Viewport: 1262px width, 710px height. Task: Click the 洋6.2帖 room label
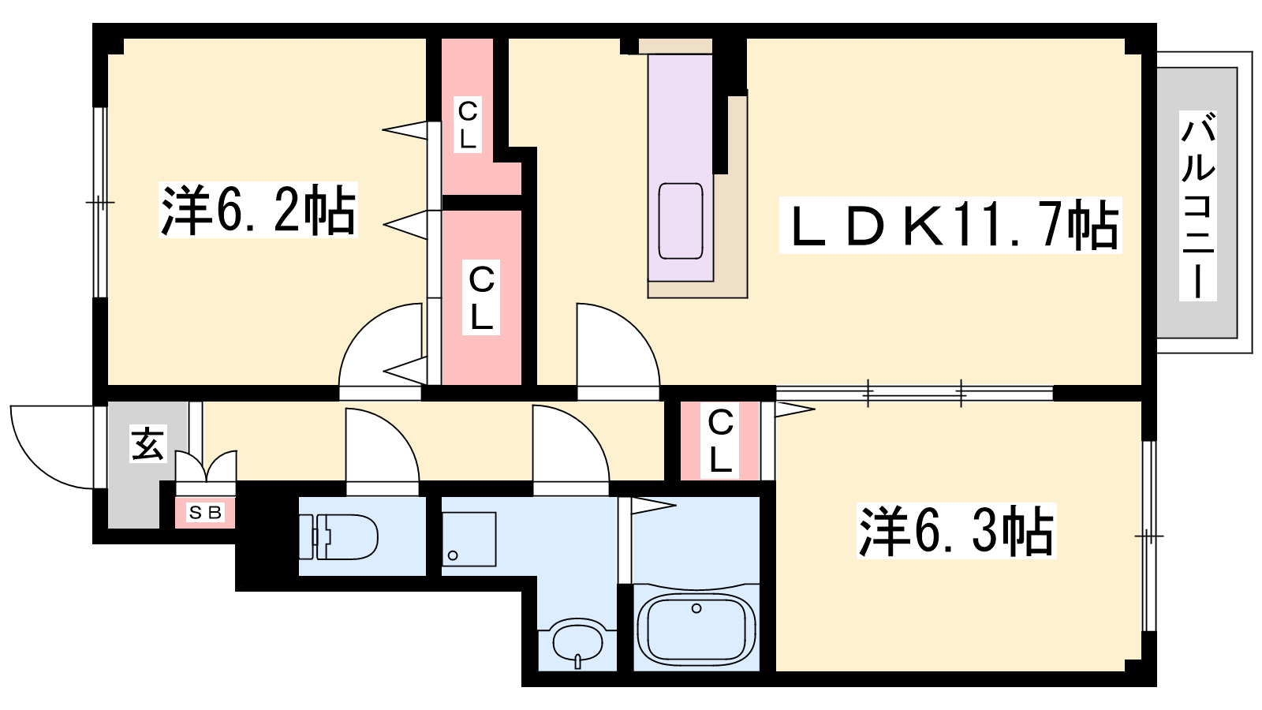click(258, 210)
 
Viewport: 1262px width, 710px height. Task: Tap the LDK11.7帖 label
click(950, 226)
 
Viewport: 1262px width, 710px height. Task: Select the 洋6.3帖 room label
click(956, 531)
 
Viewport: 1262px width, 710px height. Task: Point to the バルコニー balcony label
click(1198, 206)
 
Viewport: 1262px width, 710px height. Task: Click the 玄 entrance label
click(148, 444)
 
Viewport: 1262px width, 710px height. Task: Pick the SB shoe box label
click(205, 513)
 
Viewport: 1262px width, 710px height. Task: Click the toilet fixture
click(338, 537)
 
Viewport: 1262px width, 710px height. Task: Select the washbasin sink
click(577, 642)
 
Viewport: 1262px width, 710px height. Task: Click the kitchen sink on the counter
click(681, 221)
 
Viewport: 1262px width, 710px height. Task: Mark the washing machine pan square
click(469, 540)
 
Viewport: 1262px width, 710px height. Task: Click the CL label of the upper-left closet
click(468, 125)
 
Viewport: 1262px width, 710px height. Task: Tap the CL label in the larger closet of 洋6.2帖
click(481, 298)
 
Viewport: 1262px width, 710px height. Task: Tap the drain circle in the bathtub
click(696, 608)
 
